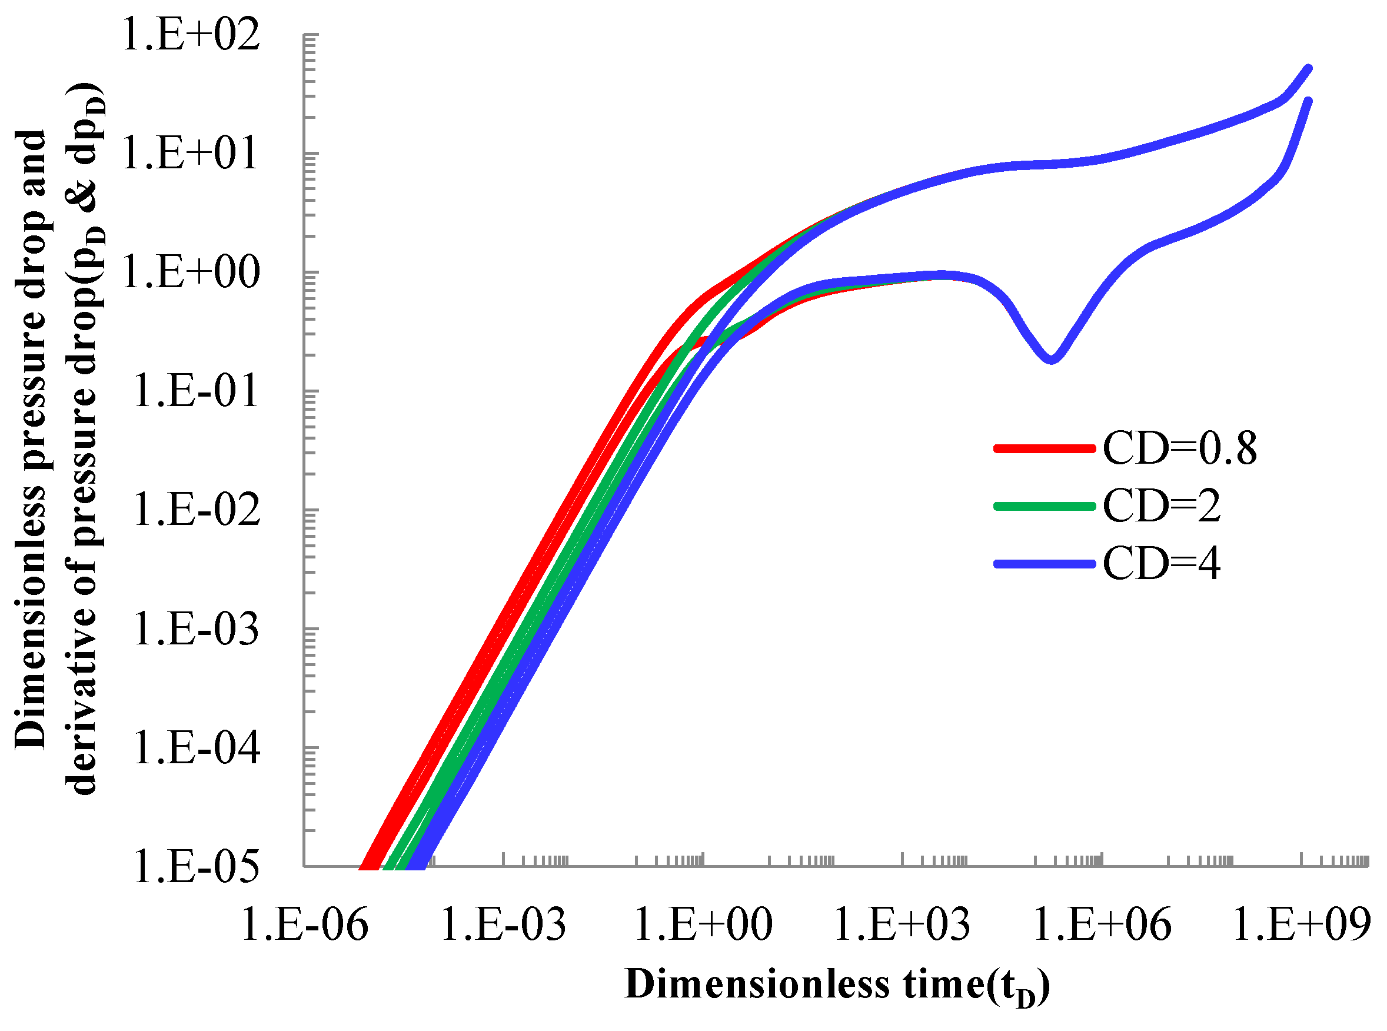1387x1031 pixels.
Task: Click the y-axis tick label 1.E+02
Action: click(189, 35)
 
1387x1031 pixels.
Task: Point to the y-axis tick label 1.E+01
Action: click(189, 154)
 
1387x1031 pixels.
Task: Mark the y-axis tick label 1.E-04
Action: click(195, 748)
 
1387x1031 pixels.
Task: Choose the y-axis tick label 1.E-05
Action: click(195, 866)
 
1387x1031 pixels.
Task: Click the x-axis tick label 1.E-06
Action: click(304, 924)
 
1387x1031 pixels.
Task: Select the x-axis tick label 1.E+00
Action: click(703, 924)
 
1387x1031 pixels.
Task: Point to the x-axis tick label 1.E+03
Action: click(902, 924)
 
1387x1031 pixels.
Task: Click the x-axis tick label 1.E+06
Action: click(1103, 924)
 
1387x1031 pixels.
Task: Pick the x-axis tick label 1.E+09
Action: click(1302, 924)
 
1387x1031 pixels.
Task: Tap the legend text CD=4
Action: click(1161, 564)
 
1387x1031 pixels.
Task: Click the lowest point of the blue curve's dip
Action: click(1052, 360)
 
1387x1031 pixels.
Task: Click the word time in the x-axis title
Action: click(942, 985)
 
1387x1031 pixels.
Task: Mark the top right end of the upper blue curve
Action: click(1309, 69)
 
